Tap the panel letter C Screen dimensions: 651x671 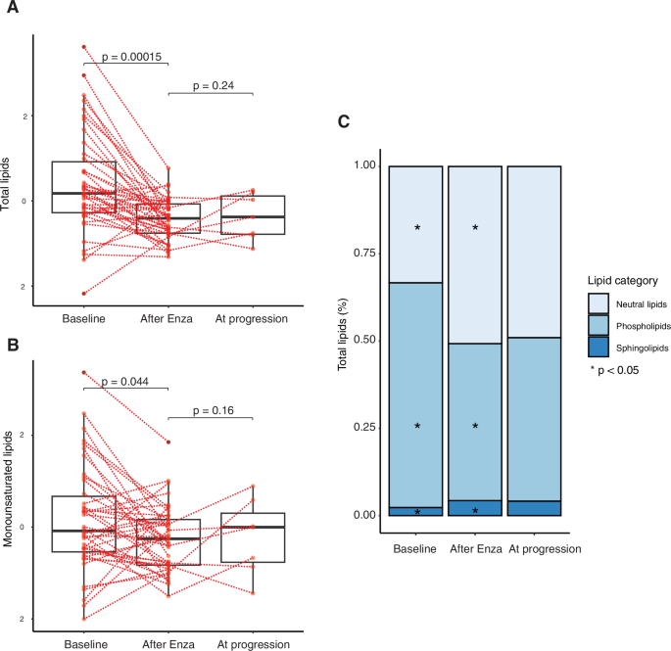click(343, 121)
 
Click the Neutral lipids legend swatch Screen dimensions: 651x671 click(599, 303)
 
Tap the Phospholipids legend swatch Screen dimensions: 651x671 click(599, 326)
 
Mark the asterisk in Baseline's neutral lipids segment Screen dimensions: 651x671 click(417, 228)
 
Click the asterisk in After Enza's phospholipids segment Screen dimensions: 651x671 click(475, 427)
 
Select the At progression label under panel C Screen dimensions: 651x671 click(544, 549)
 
